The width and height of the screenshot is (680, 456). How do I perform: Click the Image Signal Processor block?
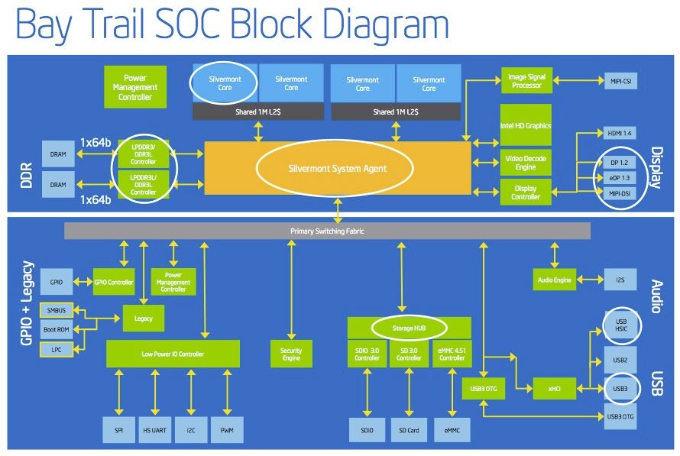tap(526, 81)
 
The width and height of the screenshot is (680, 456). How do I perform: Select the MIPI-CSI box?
tap(620, 81)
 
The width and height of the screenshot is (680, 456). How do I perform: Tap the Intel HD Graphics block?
tap(525, 126)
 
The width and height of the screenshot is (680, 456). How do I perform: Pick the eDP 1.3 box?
tap(620, 178)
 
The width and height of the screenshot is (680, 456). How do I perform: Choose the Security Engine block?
tap(291, 355)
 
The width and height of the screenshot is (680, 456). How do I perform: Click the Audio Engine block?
tap(553, 280)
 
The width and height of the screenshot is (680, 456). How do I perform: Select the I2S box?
tap(620, 280)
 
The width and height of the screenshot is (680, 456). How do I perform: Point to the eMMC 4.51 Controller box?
tap(452, 354)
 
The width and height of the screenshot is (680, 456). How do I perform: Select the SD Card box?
tap(408, 431)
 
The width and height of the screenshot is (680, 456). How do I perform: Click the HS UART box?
tap(155, 431)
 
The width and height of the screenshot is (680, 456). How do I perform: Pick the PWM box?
tap(227, 431)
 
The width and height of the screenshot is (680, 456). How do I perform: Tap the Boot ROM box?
tap(57, 329)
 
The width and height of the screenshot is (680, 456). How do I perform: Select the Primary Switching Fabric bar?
tap(328, 230)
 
